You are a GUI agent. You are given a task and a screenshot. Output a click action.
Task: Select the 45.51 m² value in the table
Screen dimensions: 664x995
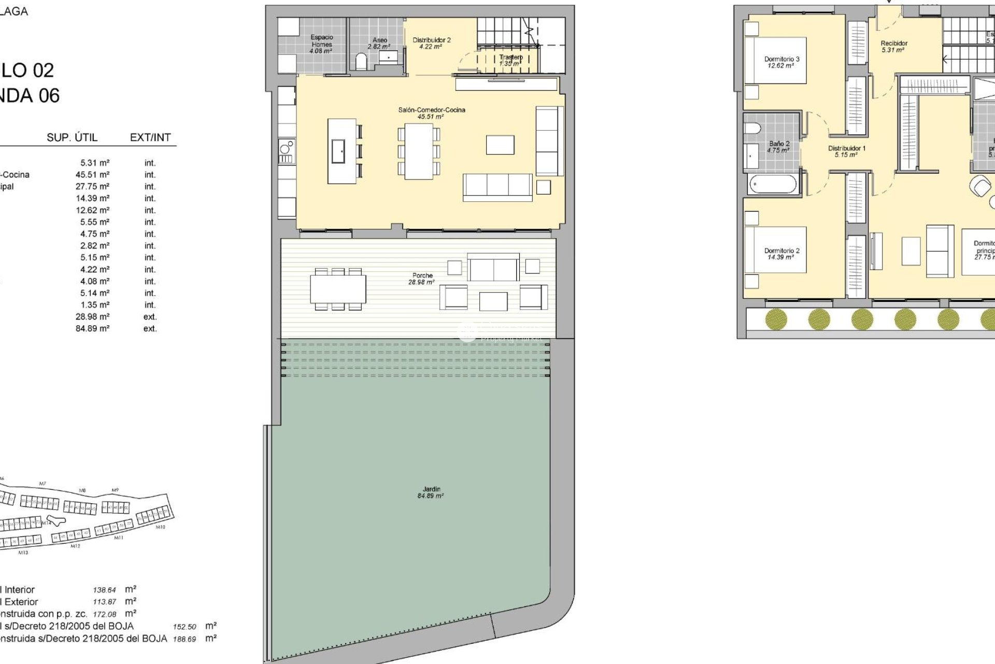pos(92,175)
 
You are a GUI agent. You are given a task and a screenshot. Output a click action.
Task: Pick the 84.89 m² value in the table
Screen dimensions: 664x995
pos(92,328)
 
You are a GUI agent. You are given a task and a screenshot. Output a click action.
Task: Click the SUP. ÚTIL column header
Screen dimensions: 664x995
pos(72,137)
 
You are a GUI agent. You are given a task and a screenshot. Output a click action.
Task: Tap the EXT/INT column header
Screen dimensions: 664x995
pos(150,137)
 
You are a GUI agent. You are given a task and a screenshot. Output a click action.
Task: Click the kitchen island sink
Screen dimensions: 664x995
pos(338,151)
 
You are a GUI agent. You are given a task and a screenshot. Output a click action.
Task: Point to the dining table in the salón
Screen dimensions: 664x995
pos(419,151)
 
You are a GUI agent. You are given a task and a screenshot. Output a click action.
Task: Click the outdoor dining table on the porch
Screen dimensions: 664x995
pos(338,289)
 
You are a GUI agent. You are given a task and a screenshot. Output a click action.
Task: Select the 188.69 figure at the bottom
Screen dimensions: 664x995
pos(184,639)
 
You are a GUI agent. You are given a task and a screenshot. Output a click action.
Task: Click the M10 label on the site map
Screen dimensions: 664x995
pos(161,527)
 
